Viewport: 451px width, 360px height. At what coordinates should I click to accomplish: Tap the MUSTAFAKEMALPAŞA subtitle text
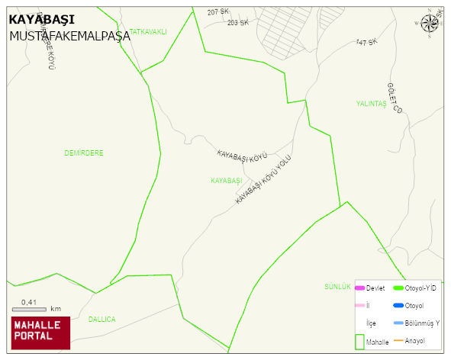pyautogui.click(x=69, y=36)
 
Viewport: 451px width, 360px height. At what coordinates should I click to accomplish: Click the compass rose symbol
pyautogui.click(x=430, y=24)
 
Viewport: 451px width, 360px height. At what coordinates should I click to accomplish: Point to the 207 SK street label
pyautogui.click(x=217, y=12)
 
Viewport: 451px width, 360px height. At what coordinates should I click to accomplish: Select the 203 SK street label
pyautogui.click(x=237, y=23)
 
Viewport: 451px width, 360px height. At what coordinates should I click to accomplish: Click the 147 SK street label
pyautogui.click(x=366, y=42)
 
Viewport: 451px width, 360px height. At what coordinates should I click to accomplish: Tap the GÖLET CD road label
pyautogui.click(x=394, y=98)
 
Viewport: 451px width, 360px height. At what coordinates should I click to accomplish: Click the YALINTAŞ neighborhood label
pyautogui.click(x=372, y=104)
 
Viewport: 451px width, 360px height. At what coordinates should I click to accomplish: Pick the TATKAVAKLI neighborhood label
pyautogui.click(x=148, y=31)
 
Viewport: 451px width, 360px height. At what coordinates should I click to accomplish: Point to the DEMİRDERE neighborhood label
pyautogui.click(x=84, y=153)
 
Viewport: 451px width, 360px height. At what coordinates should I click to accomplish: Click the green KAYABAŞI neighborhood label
pyautogui.click(x=226, y=181)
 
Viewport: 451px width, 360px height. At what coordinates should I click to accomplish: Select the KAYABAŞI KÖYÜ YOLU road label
pyautogui.click(x=263, y=179)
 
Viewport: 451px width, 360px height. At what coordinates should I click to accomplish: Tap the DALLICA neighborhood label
pyautogui.click(x=101, y=319)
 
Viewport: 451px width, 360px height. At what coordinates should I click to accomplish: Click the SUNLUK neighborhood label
pyautogui.click(x=337, y=287)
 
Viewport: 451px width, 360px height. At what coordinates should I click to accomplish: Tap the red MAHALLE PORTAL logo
pyautogui.click(x=40, y=333)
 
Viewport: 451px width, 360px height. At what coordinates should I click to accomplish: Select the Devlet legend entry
pyautogui.click(x=370, y=288)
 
